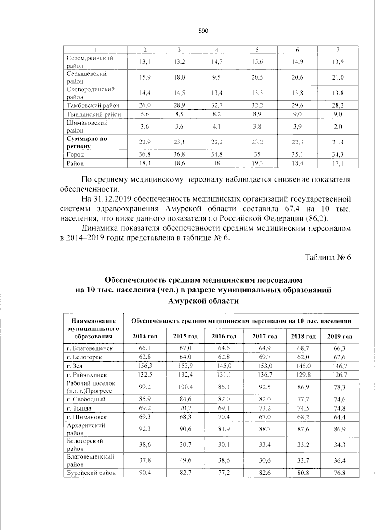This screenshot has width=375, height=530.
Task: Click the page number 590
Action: [203, 31]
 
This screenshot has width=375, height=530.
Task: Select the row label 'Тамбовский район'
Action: [93, 105]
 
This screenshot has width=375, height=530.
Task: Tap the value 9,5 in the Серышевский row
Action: [216, 77]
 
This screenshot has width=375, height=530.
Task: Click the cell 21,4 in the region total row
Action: [338, 142]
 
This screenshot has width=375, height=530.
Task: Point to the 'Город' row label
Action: [75, 154]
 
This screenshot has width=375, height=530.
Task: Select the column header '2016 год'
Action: [224, 337]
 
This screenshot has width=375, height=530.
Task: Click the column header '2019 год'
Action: [339, 337]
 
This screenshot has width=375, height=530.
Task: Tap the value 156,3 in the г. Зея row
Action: [145, 366]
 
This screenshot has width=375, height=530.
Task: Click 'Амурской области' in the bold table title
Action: [203, 301]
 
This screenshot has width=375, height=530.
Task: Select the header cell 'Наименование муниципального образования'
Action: [93, 328]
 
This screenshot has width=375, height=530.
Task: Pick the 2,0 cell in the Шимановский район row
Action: [338, 127]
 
